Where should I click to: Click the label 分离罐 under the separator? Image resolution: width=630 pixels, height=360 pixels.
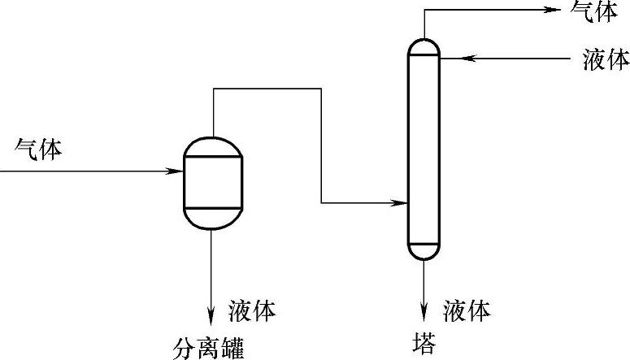tap(209, 347)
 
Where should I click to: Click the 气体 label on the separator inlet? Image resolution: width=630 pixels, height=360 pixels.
tap(39, 150)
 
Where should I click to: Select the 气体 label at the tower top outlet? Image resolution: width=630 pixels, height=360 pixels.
tap(594, 12)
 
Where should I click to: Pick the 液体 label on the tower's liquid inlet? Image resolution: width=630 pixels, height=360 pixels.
tap(606, 59)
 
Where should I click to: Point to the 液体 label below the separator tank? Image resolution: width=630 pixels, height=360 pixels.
tap(252, 310)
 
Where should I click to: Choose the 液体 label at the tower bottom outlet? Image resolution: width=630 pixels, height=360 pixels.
tap(467, 310)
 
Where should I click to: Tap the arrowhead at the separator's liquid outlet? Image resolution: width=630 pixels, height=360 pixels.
tap(212, 311)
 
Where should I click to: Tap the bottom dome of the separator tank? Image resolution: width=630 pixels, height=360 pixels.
tap(213, 219)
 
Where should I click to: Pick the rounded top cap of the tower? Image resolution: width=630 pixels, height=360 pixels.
tap(424, 47)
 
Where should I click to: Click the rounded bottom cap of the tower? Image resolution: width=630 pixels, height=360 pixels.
tap(424, 250)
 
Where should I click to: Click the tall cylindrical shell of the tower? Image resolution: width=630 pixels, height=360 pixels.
tap(424, 146)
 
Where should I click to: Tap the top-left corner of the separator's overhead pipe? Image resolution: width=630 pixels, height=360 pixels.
tap(213, 89)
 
